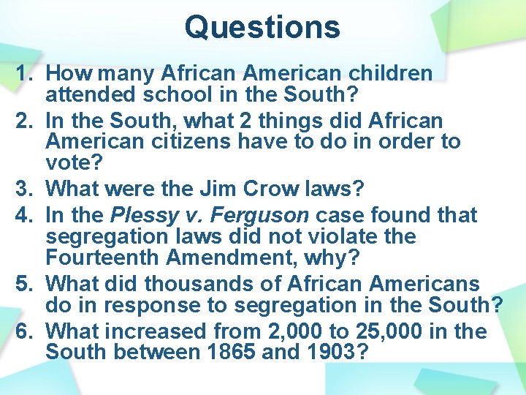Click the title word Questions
pos(262,27)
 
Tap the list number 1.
pos(25,74)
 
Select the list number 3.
pos(25,189)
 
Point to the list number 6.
pos(25,331)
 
